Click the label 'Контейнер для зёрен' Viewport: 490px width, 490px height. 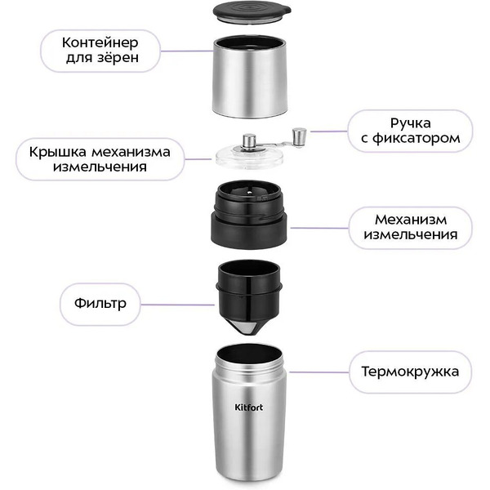pyautogui.click(x=100, y=51)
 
